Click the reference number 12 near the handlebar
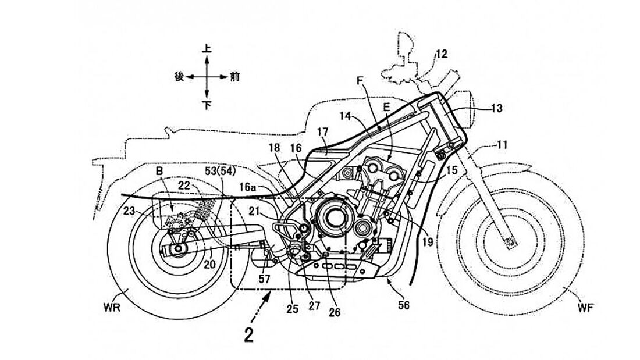(x=441, y=54)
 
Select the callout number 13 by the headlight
(x=496, y=108)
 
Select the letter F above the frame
(x=360, y=83)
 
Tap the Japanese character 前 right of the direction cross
(x=234, y=76)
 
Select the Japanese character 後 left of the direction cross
(x=179, y=76)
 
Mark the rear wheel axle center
(x=176, y=251)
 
